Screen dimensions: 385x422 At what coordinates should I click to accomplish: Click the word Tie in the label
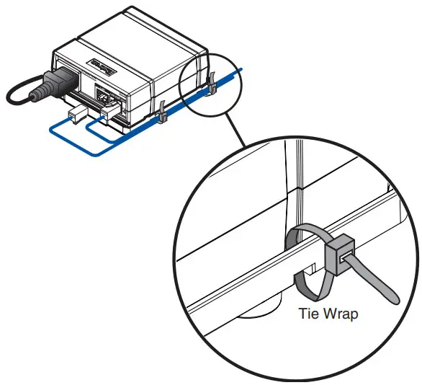tap(307, 314)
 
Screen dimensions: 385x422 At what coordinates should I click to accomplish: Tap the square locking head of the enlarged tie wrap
tap(339, 255)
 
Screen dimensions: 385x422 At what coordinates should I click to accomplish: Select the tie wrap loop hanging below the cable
tap(306, 285)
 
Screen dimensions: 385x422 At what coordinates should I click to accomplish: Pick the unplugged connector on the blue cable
tap(74, 116)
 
